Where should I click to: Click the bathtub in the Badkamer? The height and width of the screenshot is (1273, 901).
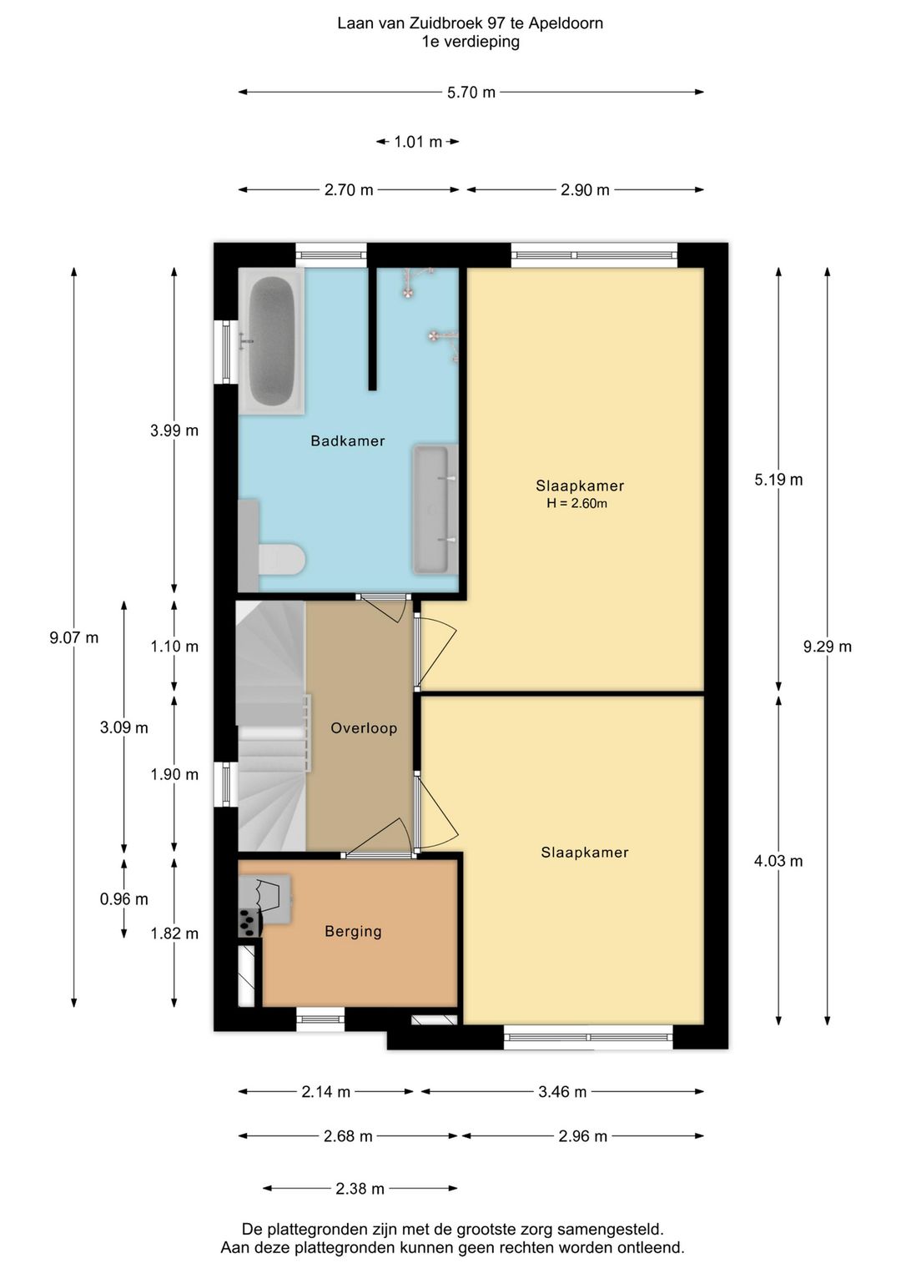tap(272, 341)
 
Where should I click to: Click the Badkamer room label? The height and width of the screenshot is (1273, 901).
tap(347, 440)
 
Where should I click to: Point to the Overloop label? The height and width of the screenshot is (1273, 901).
tap(364, 728)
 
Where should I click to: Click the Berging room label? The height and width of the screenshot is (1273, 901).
tap(353, 932)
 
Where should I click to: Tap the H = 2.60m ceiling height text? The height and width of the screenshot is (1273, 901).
tap(577, 503)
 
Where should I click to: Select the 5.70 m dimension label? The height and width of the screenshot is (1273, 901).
tap(471, 92)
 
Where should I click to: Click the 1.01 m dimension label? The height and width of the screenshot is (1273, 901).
tap(418, 142)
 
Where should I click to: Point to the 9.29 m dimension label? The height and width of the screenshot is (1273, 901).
tap(827, 647)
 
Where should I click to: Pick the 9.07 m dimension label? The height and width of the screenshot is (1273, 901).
tap(74, 637)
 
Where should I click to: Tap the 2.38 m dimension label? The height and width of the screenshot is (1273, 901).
tap(360, 1188)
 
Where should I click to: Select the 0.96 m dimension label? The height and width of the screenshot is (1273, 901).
tap(124, 898)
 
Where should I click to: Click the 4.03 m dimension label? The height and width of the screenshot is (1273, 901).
tap(778, 861)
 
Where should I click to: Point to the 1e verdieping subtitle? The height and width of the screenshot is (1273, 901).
tap(471, 42)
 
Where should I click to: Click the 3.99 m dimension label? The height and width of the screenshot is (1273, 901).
tap(174, 430)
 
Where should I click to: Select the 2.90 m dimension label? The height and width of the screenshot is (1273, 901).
tap(585, 190)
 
